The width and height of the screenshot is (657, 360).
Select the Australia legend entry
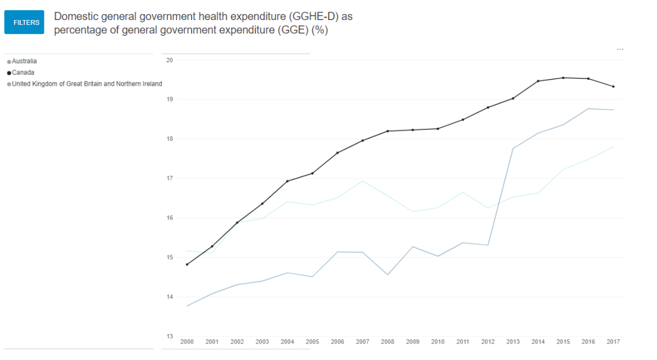[24, 61]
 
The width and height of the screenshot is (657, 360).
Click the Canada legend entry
[23, 72]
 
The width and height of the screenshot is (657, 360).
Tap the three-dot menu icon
[620, 49]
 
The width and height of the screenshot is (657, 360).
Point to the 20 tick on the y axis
[170, 60]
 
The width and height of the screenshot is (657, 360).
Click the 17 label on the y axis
[170, 178]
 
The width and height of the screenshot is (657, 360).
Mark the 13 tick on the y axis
[170, 336]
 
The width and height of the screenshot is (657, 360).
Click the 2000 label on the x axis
[187, 342]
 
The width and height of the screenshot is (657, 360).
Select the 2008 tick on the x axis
[388, 342]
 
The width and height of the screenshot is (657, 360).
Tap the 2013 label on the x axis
[513, 342]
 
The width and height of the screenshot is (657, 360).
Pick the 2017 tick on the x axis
[613, 342]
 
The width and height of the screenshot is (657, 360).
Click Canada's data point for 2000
[187, 265]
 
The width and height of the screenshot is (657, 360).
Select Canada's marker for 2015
[563, 78]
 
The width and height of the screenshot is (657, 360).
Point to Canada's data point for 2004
[287, 181]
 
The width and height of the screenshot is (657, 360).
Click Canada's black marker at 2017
[613, 86]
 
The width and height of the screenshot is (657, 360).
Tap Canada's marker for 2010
[438, 128]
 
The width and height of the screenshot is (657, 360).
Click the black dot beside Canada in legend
[9, 73]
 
